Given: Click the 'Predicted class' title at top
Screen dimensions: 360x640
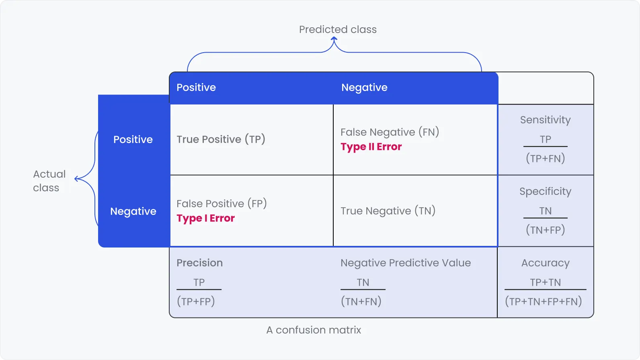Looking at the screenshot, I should (x=338, y=29).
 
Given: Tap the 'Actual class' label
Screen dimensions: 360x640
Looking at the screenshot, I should (x=49, y=181).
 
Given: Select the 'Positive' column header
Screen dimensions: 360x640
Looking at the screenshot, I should (x=196, y=88).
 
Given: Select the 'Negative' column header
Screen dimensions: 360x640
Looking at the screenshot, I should (x=364, y=88).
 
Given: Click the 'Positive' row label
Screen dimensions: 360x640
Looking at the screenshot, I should (x=133, y=139).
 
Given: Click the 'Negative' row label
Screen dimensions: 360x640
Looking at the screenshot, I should (x=133, y=211).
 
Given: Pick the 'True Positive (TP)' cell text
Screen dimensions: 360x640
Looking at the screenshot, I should (x=221, y=139).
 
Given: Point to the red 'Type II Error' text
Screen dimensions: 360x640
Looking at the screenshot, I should (x=371, y=147).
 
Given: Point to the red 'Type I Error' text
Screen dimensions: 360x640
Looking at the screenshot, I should (x=205, y=219).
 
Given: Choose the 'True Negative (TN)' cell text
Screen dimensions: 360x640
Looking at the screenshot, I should (x=388, y=211).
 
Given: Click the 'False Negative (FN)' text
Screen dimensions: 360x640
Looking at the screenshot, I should (x=390, y=132).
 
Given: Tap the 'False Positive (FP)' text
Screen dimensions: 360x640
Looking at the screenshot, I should (x=222, y=204).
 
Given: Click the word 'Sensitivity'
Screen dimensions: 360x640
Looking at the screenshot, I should (x=545, y=120).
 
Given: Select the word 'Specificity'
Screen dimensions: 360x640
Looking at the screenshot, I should (x=545, y=192).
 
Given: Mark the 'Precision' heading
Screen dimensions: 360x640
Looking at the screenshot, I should (x=199, y=263).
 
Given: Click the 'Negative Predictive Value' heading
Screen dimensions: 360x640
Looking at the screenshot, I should (x=405, y=263).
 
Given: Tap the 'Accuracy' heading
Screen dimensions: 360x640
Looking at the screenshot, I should (x=545, y=263).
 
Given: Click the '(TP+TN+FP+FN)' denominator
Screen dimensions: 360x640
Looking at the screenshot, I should (x=544, y=301).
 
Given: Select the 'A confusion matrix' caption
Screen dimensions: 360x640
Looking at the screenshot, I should (x=314, y=330).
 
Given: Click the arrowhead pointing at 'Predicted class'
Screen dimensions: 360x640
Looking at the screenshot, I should (x=334, y=39).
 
